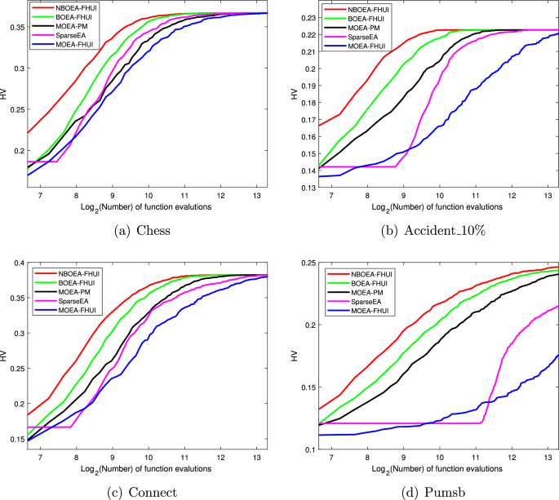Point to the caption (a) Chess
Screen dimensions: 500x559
pos(139,231)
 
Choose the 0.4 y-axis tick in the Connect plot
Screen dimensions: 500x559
pos(18,263)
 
